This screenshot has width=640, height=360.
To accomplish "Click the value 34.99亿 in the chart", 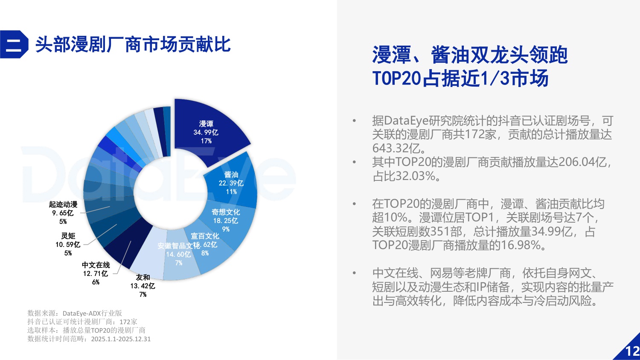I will (206, 132).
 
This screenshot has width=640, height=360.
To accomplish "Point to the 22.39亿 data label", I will (231, 183).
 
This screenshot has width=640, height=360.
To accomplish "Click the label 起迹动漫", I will (63, 205).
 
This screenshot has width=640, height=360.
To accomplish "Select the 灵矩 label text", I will (68, 236).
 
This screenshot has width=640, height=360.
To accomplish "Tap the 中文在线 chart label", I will (96, 265).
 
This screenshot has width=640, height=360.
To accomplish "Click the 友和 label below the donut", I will (143, 277).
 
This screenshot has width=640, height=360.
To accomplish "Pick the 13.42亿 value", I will (143, 286).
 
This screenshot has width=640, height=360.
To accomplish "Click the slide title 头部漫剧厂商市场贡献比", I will (133, 44).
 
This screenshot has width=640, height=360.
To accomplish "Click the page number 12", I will (632, 351).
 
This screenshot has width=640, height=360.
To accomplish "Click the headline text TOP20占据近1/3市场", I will (460, 78).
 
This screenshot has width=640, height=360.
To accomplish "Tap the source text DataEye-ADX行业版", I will (92, 313).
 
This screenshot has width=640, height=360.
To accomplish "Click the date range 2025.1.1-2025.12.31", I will (121, 339).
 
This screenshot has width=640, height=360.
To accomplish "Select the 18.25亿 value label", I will (226, 221).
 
